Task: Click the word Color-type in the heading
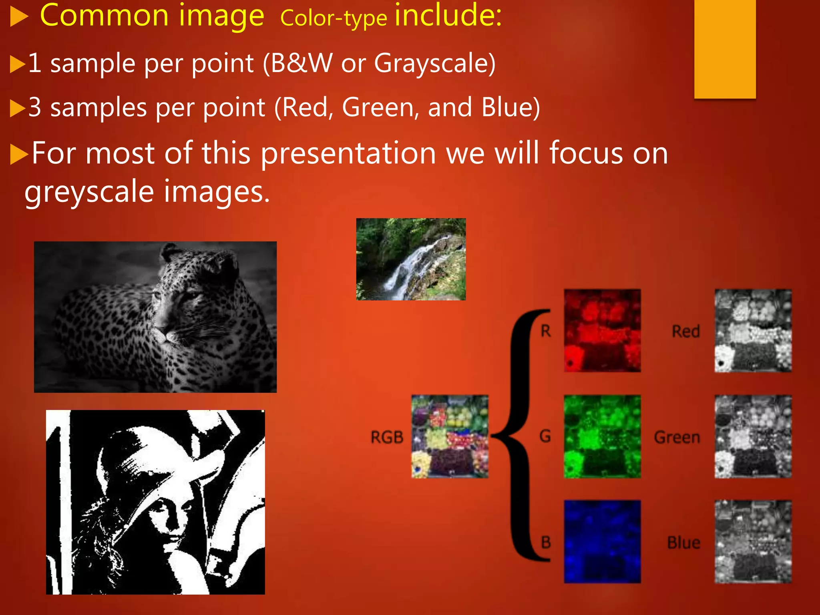(334, 19)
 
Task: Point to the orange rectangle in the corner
(725, 48)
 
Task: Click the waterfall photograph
(411, 259)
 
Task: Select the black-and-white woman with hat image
(155, 502)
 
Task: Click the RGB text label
(387, 437)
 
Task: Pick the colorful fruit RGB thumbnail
(450, 436)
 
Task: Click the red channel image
(602, 331)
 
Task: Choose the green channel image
(602, 436)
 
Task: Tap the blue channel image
(602, 541)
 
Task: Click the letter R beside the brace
(546, 331)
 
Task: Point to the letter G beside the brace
(545, 436)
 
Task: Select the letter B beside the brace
(546, 543)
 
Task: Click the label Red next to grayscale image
(686, 332)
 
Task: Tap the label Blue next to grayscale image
(684, 543)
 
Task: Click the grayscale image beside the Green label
(753, 436)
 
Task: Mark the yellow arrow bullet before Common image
(19, 18)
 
